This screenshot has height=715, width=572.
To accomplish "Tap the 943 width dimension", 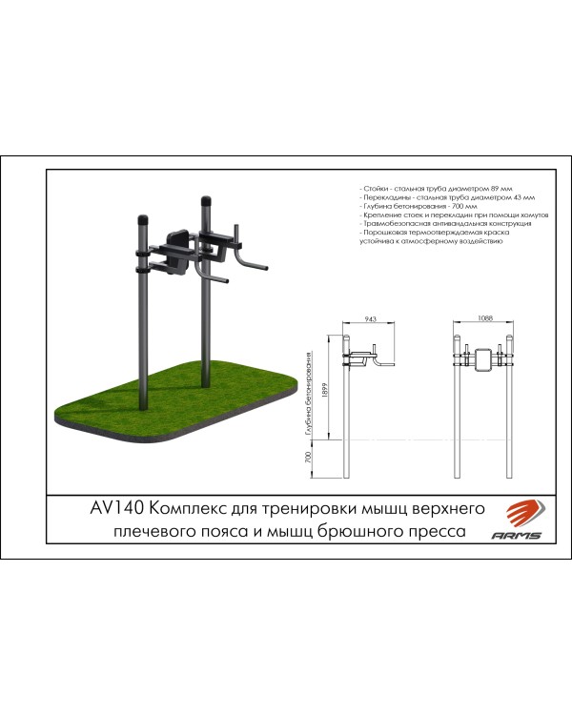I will (370, 321).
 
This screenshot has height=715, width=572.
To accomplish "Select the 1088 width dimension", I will (486, 321).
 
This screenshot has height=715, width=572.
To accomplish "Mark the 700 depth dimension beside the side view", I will (306, 458).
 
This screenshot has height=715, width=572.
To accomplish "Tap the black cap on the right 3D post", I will (205, 202).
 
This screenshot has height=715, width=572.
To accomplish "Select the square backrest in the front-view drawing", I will (485, 358).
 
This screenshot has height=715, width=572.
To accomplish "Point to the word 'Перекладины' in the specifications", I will (383, 199).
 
